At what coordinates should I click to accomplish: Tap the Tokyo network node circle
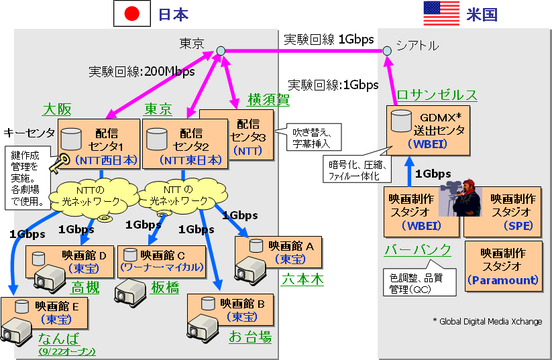click(x=220, y=51)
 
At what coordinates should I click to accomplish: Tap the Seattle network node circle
click(x=387, y=51)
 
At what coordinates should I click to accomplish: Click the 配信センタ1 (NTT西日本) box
click(x=98, y=145)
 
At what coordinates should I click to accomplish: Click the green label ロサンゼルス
click(x=437, y=95)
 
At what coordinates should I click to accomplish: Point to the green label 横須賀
click(x=268, y=99)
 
